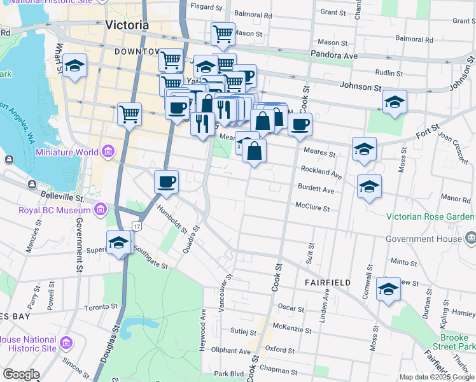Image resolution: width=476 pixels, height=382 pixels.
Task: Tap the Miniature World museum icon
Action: [108, 152]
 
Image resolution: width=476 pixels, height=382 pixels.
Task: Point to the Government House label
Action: [424, 239]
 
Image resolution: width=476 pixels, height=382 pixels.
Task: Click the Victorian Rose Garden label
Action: [431, 216]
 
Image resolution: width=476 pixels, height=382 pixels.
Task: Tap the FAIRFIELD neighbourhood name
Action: [327, 282]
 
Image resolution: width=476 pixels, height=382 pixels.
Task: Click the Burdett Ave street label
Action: [316, 190]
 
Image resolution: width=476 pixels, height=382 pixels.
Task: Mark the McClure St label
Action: [312, 208]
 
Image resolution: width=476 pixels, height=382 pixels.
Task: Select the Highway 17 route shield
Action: [137, 226]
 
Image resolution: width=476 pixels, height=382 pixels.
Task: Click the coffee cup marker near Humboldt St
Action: [167, 182]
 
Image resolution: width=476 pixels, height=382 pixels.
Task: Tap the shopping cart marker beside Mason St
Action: [223, 34]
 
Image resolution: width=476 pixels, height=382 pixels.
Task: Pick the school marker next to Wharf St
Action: [75, 66]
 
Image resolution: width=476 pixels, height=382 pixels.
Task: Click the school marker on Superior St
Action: [119, 243]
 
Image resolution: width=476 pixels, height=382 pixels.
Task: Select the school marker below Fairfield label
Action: [388, 289]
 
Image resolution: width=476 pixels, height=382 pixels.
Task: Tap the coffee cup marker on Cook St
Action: [300, 124]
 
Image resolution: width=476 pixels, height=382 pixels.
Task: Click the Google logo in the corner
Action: [21, 375]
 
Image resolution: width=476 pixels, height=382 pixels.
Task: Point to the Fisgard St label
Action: [205, 7]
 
